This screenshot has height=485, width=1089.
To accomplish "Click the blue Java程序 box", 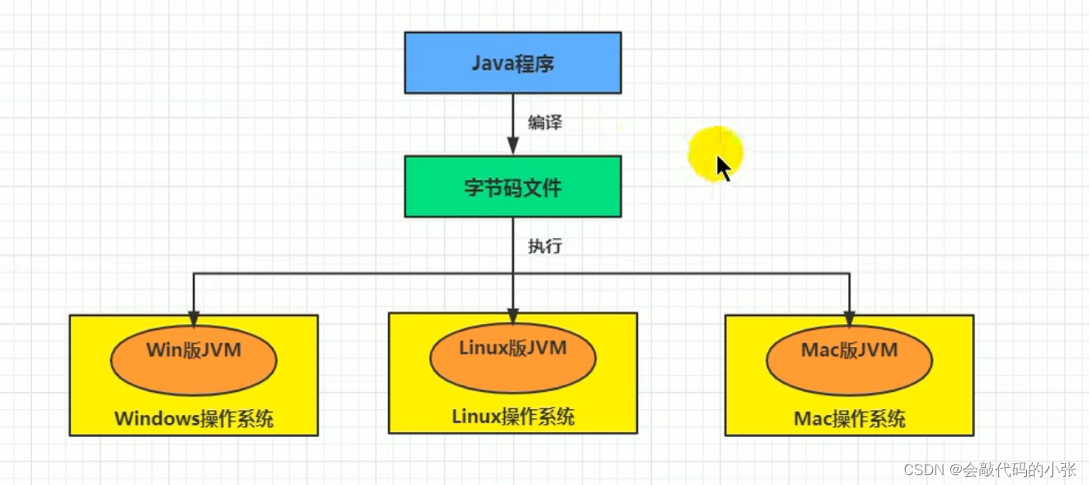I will click(512, 62).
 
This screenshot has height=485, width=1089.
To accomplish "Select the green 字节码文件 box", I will click(512, 187).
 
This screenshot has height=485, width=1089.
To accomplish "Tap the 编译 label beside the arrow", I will click(545, 123).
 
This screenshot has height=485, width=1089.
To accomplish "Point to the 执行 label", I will click(545, 246).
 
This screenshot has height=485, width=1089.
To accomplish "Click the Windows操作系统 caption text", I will click(194, 420).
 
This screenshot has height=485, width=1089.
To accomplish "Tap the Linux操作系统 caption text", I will click(513, 416).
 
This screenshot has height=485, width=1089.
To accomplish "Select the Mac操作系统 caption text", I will click(850, 420).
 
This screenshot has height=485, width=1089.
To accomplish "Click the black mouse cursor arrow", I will click(723, 167).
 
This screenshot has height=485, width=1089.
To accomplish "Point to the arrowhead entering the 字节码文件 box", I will click(513, 148).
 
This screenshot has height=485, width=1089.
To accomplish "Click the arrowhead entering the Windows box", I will click(194, 318).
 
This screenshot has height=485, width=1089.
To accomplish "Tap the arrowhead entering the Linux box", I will click(513, 316).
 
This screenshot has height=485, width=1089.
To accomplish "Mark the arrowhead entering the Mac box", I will click(850, 318).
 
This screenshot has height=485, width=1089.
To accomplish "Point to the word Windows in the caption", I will click(157, 420).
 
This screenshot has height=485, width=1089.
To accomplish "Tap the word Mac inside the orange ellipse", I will click(819, 350).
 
